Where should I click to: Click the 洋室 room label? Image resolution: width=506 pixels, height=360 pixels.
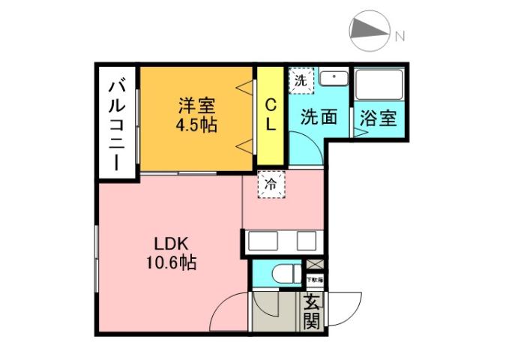pyautogui.click(x=196, y=104)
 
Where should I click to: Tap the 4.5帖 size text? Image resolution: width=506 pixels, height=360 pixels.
pyautogui.click(x=196, y=124)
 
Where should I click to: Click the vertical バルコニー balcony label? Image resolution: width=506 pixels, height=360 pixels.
pyautogui.click(x=117, y=123)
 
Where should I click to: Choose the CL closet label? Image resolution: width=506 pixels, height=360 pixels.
pyautogui.click(x=270, y=115)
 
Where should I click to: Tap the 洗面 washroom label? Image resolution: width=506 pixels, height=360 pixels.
pyautogui.click(x=319, y=117)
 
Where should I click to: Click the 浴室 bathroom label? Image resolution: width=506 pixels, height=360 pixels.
pyautogui.click(x=378, y=118)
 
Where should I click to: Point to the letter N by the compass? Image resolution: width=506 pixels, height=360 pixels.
pyautogui.click(x=400, y=35)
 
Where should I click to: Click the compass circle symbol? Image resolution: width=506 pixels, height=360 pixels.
pyautogui.click(x=370, y=31)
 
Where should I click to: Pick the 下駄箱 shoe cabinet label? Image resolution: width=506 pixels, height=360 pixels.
pyautogui.click(x=315, y=280)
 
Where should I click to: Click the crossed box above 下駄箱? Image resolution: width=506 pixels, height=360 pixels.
pyautogui.click(x=316, y=265)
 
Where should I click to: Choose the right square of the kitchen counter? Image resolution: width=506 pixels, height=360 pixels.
pyautogui.click(x=307, y=241)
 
